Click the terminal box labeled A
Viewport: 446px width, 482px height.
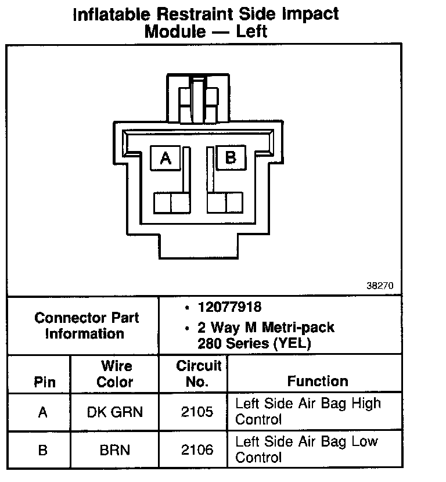(x=166, y=157)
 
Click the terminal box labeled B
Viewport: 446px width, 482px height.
(x=231, y=157)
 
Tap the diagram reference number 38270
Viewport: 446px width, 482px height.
(x=380, y=286)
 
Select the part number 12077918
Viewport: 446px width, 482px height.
(x=228, y=307)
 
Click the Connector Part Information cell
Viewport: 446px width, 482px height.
(x=87, y=326)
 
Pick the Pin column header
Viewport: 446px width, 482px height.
(x=45, y=382)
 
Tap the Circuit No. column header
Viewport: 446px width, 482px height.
(x=198, y=374)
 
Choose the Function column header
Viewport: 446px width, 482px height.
(x=318, y=382)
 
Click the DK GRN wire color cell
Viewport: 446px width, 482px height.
(x=114, y=412)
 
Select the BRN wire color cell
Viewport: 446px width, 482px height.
(x=114, y=449)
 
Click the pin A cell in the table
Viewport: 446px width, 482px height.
(x=42, y=412)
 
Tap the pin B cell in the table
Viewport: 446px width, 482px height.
(x=42, y=449)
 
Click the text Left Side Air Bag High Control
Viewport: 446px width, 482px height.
(x=308, y=411)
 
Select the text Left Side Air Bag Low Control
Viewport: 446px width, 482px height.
(x=306, y=449)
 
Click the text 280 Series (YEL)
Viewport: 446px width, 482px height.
(x=254, y=343)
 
